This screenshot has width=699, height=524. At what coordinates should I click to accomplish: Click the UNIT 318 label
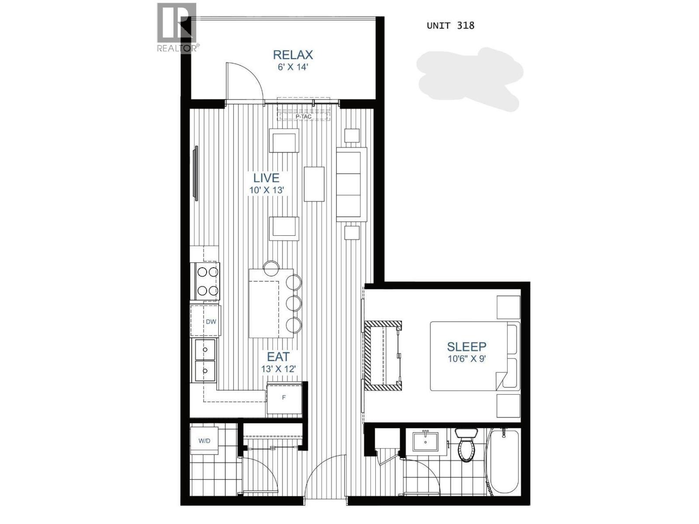pyautogui.click(x=450, y=25)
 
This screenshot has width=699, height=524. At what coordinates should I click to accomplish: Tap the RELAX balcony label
pyautogui.click(x=293, y=55)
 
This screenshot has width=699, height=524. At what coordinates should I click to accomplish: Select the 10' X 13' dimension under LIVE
pyautogui.click(x=267, y=190)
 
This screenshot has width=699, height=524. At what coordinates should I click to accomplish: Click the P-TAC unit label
pyautogui.click(x=304, y=117)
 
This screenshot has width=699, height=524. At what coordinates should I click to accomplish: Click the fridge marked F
pyautogui.click(x=284, y=398)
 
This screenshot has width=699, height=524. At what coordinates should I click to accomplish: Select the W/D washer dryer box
pyautogui.click(x=204, y=441)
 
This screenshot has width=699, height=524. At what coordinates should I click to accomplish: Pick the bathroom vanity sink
pyautogui.click(x=425, y=441)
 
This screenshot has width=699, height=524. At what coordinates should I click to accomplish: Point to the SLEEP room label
pyautogui.click(x=467, y=347)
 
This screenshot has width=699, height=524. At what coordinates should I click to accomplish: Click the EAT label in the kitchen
pyautogui.click(x=278, y=357)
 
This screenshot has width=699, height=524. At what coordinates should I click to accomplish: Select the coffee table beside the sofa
pyautogui.click(x=314, y=184)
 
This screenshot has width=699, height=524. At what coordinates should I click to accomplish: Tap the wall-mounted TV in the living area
pyautogui.click(x=196, y=173)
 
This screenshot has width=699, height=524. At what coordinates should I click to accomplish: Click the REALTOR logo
pyautogui.click(x=177, y=27)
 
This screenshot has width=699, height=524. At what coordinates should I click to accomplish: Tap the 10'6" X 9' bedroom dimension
pyautogui.click(x=467, y=359)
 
